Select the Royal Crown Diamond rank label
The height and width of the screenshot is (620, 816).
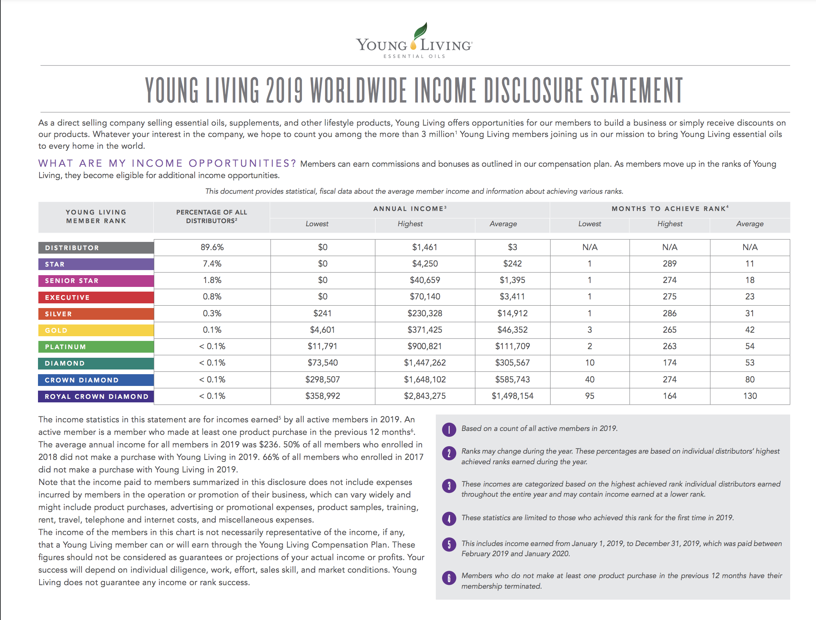pyautogui.click(x=96, y=397)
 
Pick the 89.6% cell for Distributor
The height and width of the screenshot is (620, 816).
pyautogui.click(x=212, y=247)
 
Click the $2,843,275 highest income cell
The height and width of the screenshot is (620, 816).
pyautogui.click(x=425, y=396)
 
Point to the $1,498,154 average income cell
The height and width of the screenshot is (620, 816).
pyautogui.click(x=512, y=396)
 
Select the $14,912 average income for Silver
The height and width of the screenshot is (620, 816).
pyautogui.click(x=512, y=314)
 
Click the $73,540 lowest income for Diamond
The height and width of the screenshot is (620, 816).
pyautogui.click(x=322, y=363)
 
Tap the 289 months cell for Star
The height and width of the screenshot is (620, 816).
pyautogui.click(x=670, y=264)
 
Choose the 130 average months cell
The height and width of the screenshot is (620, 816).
pyautogui.click(x=750, y=396)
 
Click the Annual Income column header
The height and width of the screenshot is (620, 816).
pyautogui.click(x=410, y=209)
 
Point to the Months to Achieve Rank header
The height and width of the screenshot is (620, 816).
pyautogui.click(x=670, y=209)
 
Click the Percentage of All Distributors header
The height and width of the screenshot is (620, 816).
pyautogui.click(x=211, y=216)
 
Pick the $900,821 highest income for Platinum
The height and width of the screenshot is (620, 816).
pyautogui.click(x=425, y=346)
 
